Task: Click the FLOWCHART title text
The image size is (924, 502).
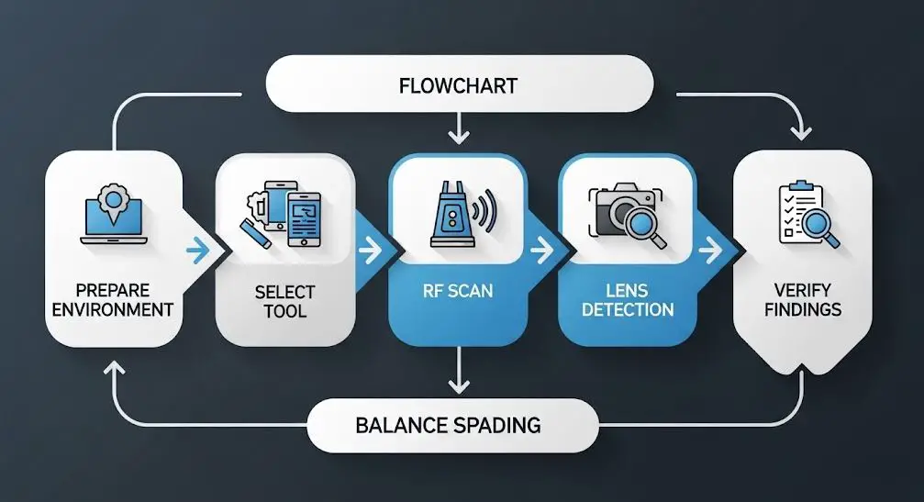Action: coord(458,86)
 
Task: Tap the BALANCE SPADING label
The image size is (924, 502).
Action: coord(448,426)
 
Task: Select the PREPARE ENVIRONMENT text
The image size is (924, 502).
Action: coord(113,300)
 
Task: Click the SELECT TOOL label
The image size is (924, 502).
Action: coord(285,302)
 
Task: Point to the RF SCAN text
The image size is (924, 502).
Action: coord(458,291)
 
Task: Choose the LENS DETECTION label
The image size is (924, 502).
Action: coord(628,300)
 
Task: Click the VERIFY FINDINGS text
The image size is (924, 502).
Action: coord(803,300)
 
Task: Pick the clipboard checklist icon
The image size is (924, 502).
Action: coord(801,213)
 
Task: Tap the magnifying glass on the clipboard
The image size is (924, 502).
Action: coord(819,228)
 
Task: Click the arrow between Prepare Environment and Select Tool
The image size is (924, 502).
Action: coord(198,251)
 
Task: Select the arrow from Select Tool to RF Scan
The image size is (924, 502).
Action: coord(370,251)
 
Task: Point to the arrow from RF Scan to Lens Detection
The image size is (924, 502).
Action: coord(541,251)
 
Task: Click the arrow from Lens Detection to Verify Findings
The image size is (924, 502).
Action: coord(711,251)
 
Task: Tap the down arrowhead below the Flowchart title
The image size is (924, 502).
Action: coord(459,137)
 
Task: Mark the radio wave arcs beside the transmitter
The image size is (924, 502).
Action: coord(486,210)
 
